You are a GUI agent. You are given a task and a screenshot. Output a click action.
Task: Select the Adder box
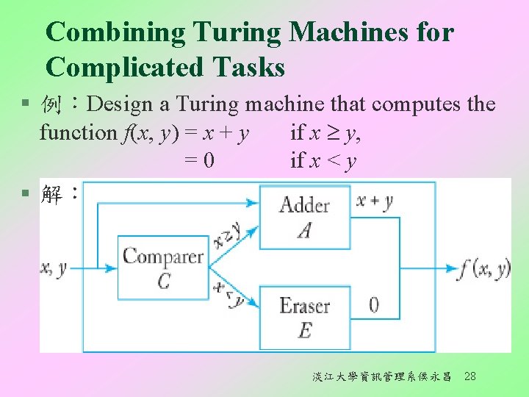pyautogui.click(x=304, y=216)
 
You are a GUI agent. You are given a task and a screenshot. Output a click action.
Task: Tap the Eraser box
pyautogui.click(x=304, y=317)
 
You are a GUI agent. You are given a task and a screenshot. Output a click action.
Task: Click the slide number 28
pyautogui.click(x=470, y=376)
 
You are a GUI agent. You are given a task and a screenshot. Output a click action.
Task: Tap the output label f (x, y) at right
pyautogui.click(x=483, y=268)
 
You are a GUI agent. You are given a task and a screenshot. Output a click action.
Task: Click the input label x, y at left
pyautogui.click(x=53, y=268)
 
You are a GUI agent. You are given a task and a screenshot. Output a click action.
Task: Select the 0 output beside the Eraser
pyautogui.click(x=373, y=304)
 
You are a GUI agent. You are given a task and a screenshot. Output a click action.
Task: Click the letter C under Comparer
pyautogui.click(x=162, y=282)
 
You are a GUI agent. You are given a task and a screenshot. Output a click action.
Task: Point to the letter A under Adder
pyautogui.click(x=304, y=231)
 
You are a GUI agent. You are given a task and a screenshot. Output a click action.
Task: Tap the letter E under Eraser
pyautogui.click(x=304, y=332)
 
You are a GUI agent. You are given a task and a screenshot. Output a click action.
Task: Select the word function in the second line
pyautogui.click(x=77, y=133)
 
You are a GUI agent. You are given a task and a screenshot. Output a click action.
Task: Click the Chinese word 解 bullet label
pyautogui.click(x=54, y=196)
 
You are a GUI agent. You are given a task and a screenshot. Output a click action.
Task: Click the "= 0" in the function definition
pyautogui.click(x=199, y=160)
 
